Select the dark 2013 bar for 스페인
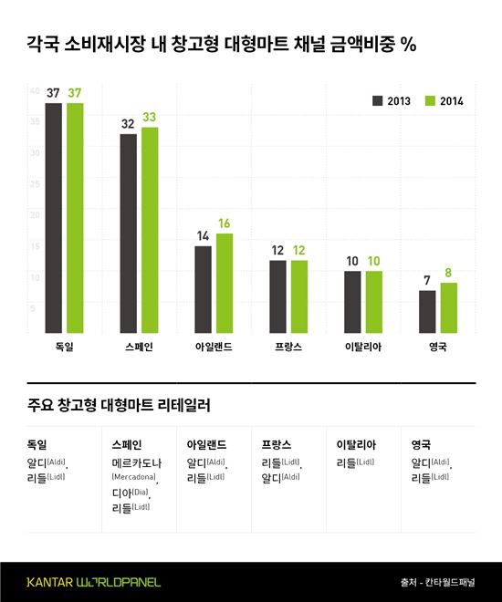coord(128,234)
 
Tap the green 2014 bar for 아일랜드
coord(225,285)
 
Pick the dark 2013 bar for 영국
coord(427,313)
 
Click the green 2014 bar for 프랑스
coord(298,297)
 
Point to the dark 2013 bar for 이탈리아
coord(352,303)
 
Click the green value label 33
coord(150,118)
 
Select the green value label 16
coord(225,224)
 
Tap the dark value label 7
coord(427,282)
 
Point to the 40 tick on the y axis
coord(35,91)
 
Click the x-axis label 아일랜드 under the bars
coord(213,348)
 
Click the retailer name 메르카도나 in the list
coord(133,464)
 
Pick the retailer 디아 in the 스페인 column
coord(120,493)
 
